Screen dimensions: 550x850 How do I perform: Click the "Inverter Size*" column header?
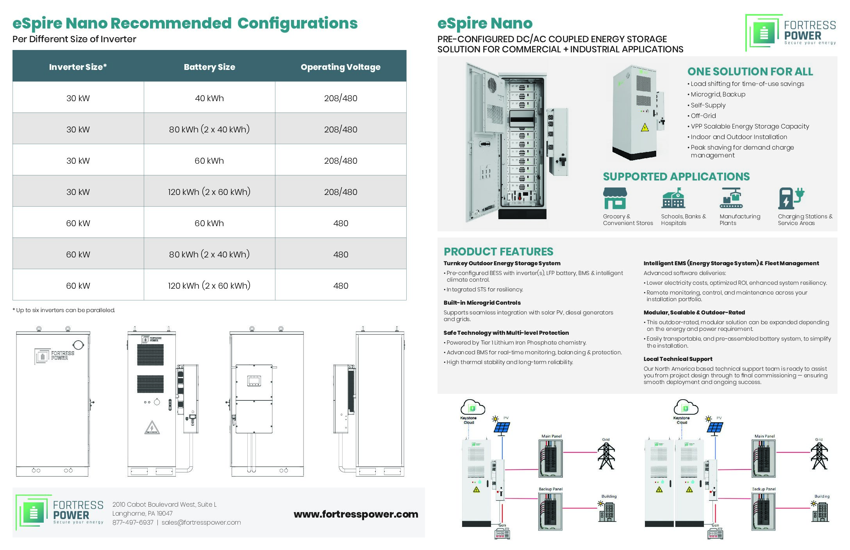(78, 67)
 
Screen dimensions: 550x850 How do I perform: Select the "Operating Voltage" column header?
(340, 67)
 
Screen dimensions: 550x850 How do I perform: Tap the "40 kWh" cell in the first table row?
(209, 98)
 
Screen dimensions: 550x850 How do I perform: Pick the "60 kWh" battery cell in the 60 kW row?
(209, 223)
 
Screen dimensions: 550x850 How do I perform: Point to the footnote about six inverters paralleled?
(64, 310)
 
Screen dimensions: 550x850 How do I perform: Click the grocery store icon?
(615, 198)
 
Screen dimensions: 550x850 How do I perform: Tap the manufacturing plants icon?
(731, 198)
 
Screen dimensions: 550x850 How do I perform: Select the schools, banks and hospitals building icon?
(673, 198)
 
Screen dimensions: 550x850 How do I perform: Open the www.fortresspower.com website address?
(355, 514)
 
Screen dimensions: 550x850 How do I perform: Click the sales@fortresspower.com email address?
(201, 522)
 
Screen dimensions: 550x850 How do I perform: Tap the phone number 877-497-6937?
(133, 522)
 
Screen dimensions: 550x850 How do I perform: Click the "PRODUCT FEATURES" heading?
(498, 252)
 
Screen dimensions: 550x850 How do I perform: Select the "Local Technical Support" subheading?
(678, 359)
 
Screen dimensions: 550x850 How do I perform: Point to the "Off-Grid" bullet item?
(703, 116)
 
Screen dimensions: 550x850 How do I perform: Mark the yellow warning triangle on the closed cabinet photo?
(645, 127)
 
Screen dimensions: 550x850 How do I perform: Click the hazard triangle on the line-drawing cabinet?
(152, 428)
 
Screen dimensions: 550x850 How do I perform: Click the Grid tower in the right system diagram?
(819, 456)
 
